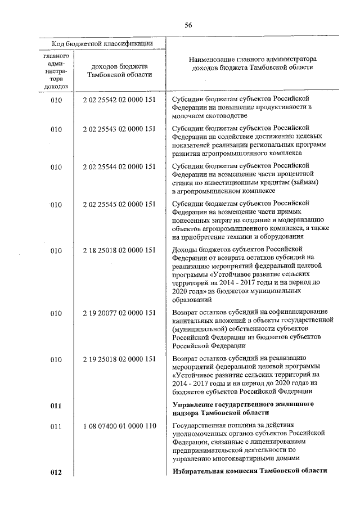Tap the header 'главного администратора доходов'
click(56, 72)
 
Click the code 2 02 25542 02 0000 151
click(119, 99)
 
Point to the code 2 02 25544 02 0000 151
click(119, 167)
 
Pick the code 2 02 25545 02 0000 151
click(119, 205)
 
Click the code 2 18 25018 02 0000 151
click(119, 250)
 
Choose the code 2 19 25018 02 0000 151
click(119, 359)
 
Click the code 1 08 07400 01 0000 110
click(119, 427)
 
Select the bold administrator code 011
click(56, 404)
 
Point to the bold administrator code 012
click(56, 472)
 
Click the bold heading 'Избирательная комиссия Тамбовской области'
click(250, 471)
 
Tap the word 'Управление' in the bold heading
click(192, 404)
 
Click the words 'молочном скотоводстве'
click(209, 116)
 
